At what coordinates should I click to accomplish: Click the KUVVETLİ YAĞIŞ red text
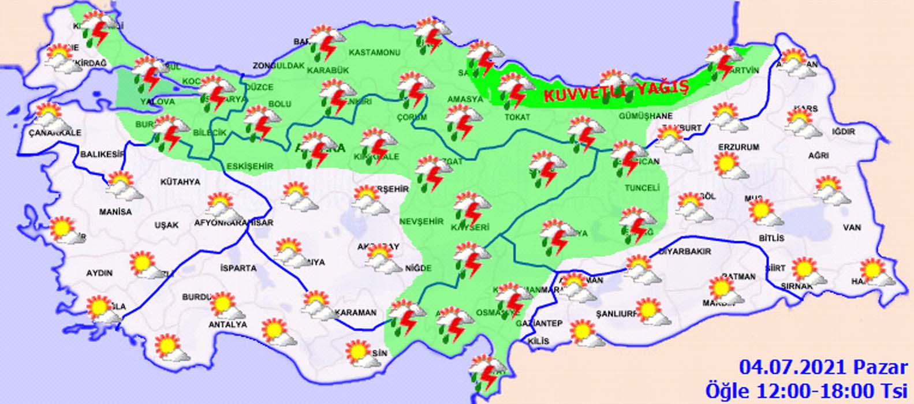tap(616, 91)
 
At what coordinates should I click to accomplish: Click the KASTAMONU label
tap(374, 53)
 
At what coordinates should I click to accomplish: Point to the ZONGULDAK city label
tap(278, 66)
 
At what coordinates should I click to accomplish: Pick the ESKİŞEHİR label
tap(250, 166)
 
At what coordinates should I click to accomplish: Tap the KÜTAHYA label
tap(181, 182)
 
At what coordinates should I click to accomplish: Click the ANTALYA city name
tap(228, 324)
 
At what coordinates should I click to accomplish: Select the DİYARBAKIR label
tap(684, 252)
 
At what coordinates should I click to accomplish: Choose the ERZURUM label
tap(738, 147)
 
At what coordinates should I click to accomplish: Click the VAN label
tap(852, 227)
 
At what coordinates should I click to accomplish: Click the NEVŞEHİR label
tap(421, 222)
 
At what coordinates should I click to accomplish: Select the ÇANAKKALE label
tap(54, 133)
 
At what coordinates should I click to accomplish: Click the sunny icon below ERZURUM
tap(731, 166)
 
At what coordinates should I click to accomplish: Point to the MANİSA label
tap(115, 212)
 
